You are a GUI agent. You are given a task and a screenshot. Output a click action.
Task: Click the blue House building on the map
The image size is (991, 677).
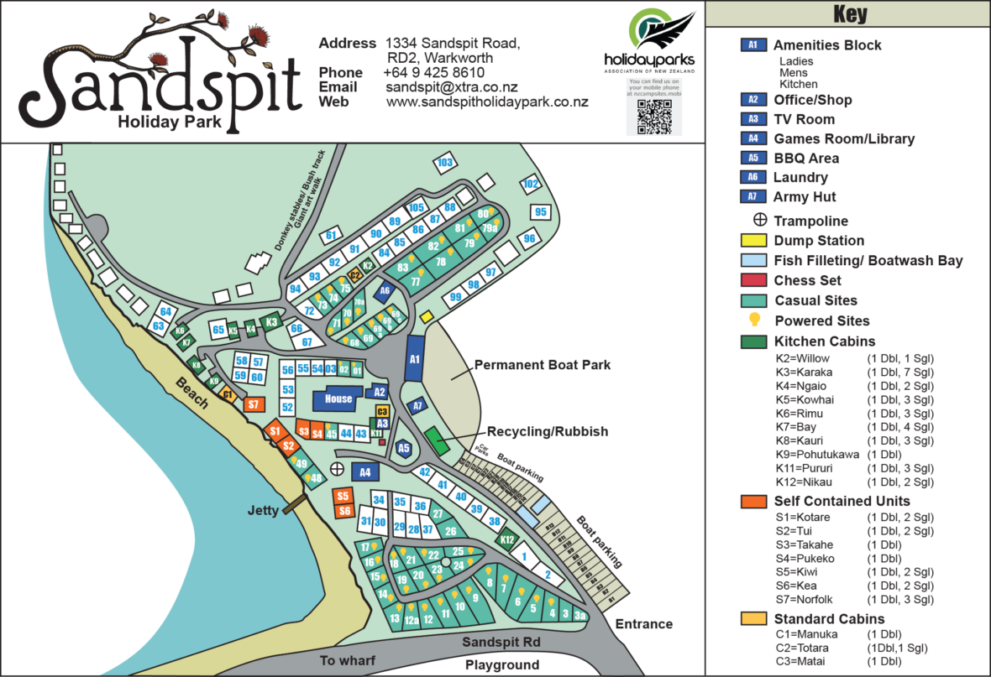point(338,398)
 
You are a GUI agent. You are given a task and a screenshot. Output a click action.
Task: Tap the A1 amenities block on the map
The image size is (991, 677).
point(414,359)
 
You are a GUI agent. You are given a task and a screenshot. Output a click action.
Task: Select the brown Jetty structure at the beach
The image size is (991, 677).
point(295,505)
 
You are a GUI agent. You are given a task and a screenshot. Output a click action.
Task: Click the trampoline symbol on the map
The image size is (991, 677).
point(337,468)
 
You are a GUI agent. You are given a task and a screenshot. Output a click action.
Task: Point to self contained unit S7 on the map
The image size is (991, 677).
point(254,404)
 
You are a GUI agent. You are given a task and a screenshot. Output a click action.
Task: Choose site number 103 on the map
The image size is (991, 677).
point(445,162)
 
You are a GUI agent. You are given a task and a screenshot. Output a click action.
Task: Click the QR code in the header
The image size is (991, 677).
point(653,117)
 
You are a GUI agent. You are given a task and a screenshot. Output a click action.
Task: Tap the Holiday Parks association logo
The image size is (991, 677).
point(651,40)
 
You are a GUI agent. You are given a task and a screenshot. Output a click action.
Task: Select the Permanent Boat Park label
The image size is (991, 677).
point(542,365)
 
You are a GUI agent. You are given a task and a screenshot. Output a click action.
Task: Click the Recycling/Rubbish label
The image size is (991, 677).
point(547,431)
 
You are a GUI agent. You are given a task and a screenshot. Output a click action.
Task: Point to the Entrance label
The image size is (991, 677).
point(644,623)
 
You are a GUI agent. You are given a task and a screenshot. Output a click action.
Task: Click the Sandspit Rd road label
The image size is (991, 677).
point(501,642)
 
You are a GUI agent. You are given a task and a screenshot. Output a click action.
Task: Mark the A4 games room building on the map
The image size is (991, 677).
point(365,472)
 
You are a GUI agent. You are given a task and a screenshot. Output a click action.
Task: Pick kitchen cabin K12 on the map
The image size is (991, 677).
point(506,540)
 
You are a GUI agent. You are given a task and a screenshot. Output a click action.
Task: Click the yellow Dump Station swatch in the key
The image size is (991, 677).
point(753,241)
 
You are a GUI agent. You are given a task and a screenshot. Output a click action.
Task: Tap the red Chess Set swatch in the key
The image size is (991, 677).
point(753,280)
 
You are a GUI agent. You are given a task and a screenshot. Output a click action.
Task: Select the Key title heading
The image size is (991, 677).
point(850,14)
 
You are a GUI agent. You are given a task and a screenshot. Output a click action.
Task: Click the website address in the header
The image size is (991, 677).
point(487,102)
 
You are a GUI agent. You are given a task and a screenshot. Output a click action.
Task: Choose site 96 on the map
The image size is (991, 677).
point(529,238)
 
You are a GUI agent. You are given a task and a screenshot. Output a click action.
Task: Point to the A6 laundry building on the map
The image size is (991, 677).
point(385,291)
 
